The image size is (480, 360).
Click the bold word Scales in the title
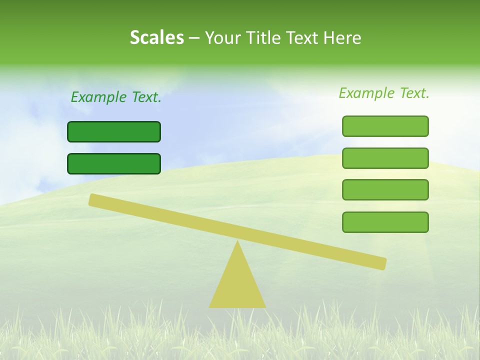coord(156,37)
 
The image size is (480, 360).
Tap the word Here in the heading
coord(342,37)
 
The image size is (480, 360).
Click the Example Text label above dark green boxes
coord(116,97)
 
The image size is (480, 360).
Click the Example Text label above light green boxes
coord(384,93)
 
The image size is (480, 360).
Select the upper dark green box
coord(114,131)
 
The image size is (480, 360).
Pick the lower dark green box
coord(114,163)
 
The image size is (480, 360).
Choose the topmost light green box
coord(385,126)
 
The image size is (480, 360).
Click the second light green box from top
coord(385,158)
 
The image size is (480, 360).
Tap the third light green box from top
coord(385,190)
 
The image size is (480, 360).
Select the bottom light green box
coord(385,222)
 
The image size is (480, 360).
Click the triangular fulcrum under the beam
coord(237,285)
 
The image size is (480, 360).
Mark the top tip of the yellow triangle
coord(237,242)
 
